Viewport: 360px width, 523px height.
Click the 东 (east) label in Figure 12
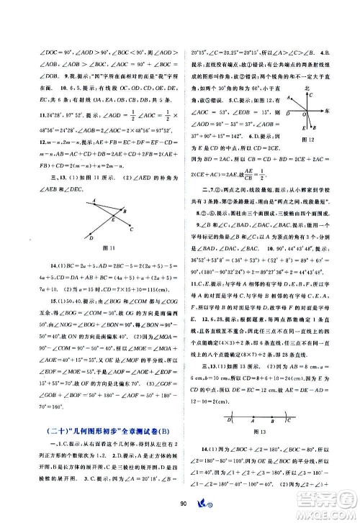(340, 112)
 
